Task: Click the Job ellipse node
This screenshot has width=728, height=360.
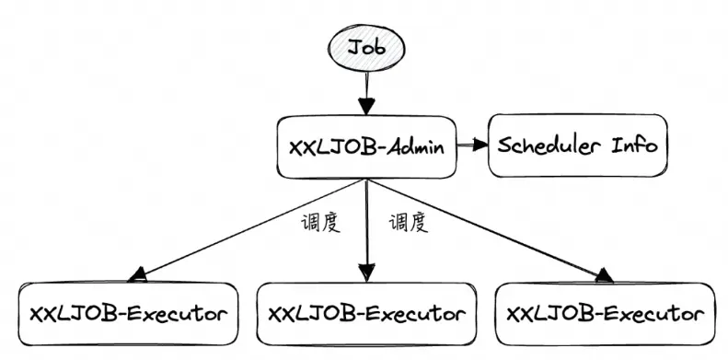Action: [x=367, y=46]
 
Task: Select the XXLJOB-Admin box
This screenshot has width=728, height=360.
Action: [x=367, y=146]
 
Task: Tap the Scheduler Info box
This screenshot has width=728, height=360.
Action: [x=577, y=145]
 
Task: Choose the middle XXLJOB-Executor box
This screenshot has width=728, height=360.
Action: [x=366, y=313]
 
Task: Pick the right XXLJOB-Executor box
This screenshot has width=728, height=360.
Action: [x=605, y=313]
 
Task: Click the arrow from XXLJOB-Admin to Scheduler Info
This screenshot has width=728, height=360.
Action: [x=472, y=145]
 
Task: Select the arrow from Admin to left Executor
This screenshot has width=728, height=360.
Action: [x=248, y=226]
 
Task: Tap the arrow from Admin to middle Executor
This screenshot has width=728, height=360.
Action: [x=367, y=230]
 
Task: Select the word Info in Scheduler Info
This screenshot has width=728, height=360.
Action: [x=635, y=145]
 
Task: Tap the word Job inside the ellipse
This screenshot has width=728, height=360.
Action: [x=367, y=46]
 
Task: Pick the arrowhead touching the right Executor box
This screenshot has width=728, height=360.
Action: [x=603, y=273]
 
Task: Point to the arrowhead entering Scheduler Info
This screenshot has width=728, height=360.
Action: [x=481, y=145]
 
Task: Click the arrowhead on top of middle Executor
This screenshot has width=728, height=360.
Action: [x=367, y=272]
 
